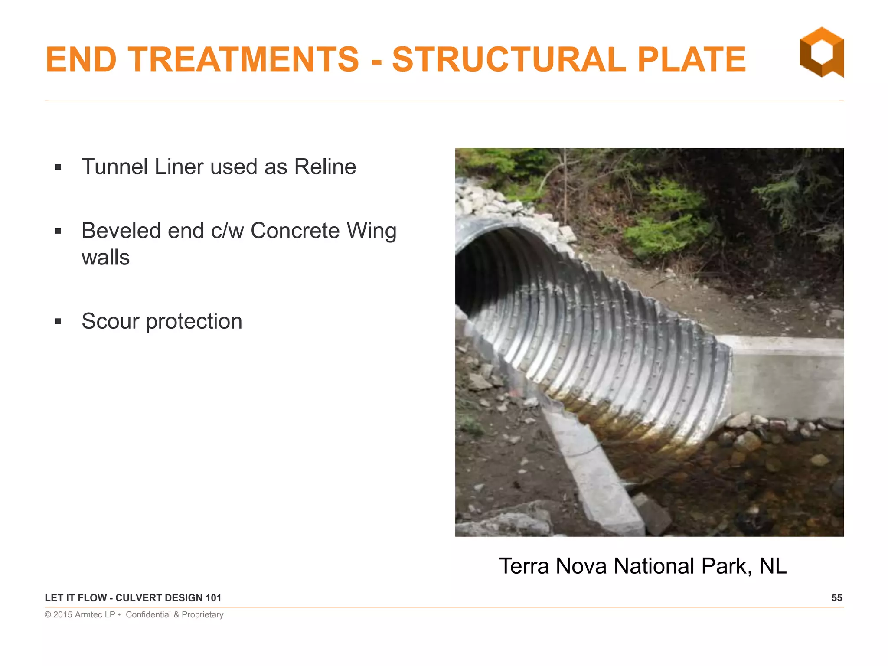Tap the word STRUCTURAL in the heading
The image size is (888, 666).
(509, 59)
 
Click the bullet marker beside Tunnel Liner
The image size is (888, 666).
(59, 167)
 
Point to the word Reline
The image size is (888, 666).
(325, 167)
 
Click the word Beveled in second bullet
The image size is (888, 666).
(121, 231)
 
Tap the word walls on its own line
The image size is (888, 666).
(105, 258)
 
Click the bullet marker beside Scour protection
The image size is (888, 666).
(59, 322)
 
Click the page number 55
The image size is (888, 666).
(836, 598)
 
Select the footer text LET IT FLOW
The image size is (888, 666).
(76, 598)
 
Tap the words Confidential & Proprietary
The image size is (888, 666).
(174, 615)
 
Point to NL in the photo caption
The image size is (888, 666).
(773, 566)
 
